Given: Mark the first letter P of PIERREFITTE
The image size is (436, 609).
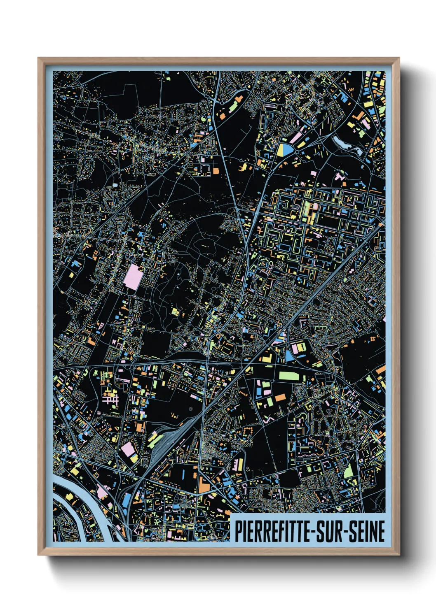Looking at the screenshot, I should point(238,531).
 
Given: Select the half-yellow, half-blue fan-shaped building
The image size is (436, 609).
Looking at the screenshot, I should point(284,150).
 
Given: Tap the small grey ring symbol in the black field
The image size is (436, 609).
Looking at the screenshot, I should point(190,409).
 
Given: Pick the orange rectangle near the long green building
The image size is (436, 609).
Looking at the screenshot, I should point(280,397).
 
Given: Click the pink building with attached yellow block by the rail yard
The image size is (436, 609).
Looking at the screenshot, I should point(129,451).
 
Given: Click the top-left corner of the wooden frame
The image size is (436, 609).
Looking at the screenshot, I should point(38,58).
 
